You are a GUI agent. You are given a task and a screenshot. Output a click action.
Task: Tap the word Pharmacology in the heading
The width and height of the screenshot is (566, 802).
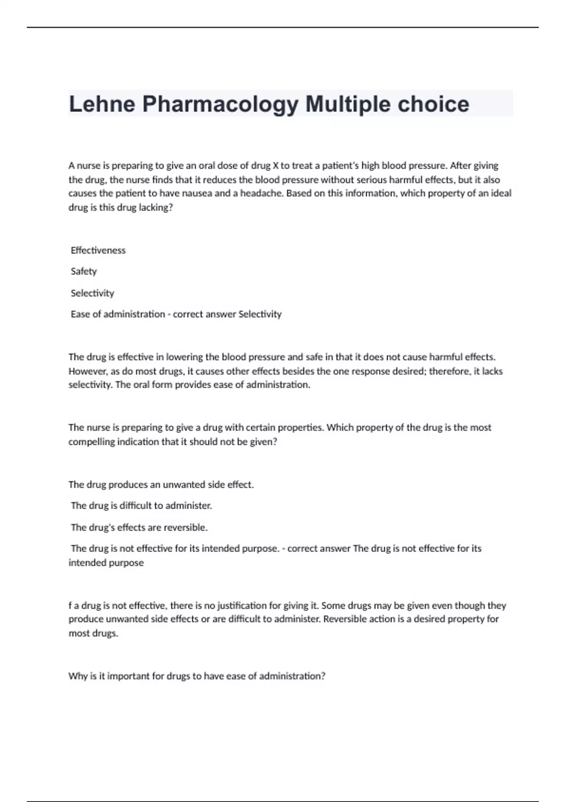(x=220, y=104)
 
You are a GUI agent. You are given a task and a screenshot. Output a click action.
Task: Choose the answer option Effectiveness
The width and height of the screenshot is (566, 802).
(x=98, y=251)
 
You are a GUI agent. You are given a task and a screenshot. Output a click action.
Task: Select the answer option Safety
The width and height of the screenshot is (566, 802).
(x=83, y=271)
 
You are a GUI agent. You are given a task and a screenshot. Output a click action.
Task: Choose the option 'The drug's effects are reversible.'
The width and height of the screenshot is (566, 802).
(x=139, y=527)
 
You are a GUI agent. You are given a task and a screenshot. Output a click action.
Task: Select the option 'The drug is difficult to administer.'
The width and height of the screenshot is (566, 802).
(x=141, y=506)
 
